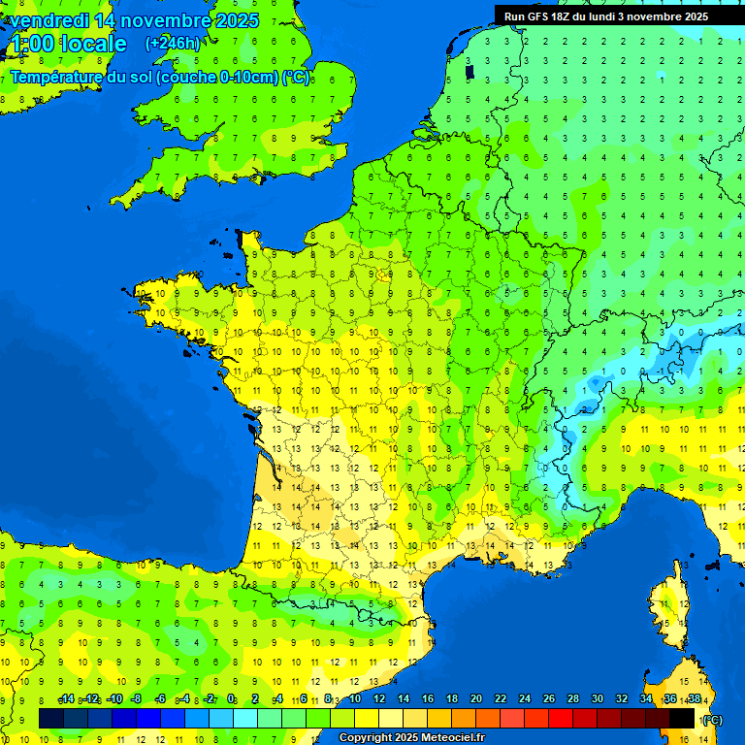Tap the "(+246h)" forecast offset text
pos(173,43)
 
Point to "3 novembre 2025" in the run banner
pos(664,16)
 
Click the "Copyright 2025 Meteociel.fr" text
pos(411,738)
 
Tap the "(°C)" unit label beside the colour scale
pos(712,719)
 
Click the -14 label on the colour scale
pos(66,699)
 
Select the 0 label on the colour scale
pos(231,699)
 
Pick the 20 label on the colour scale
pos(475,699)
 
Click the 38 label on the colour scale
pos(694,699)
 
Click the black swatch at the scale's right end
pos(682,718)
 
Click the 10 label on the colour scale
pos(354,699)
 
